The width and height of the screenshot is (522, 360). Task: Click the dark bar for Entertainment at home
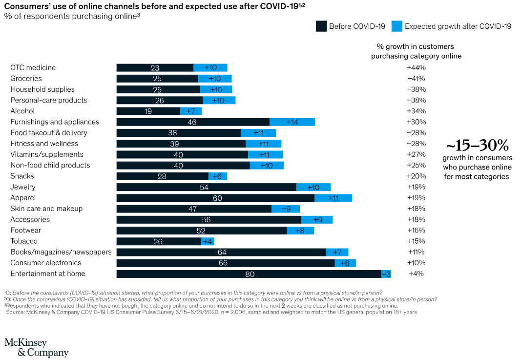click(x=249, y=274)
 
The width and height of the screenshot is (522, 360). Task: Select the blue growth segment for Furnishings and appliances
click(x=292, y=122)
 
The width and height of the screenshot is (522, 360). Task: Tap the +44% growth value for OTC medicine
click(x=417, y=68)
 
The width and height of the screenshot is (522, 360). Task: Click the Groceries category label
click(x=26, y=79)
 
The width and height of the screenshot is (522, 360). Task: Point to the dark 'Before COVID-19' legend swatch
click(x=321, y=26)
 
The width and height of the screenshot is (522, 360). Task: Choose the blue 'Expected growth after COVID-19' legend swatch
click(x=397, y=26)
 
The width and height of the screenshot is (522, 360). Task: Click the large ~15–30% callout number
click(x=477, y=146)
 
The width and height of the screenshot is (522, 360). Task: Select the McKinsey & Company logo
click(x=36, y=347)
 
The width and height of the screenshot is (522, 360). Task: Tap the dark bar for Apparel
click(x=215, y=198)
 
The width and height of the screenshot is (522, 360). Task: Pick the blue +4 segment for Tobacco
click(x=208, y=241)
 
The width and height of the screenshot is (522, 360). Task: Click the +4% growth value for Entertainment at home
click(x=417, y=274)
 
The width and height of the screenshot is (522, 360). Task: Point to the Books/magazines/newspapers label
click(x=61, y=252)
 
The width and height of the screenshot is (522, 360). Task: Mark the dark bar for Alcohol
click(x=148, y=111)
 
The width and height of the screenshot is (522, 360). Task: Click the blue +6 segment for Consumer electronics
click(x=345, y=263)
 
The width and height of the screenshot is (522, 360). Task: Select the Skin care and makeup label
click(x=46, y=209)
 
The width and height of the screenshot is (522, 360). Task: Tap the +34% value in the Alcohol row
click(x=417, y=111)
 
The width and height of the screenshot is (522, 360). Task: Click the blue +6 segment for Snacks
click(x=218, y=176)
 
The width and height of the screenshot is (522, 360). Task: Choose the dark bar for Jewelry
click(x=206, y=187)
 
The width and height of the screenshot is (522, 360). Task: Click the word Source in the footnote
click(x=16, y=312)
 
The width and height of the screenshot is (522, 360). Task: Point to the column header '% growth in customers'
click(x=415, y=47)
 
